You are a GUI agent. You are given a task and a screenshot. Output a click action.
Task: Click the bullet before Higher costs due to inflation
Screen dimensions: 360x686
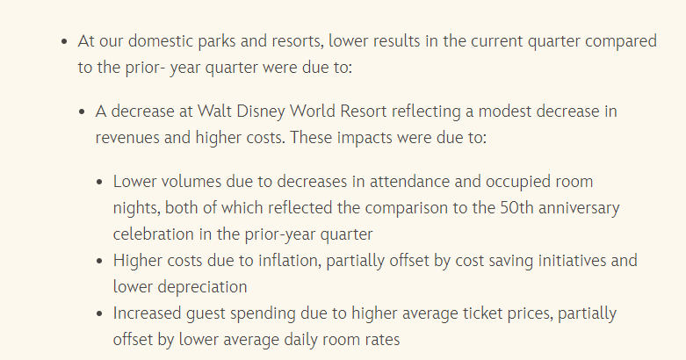pos(100,261)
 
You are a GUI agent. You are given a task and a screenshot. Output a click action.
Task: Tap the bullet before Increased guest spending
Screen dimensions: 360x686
pos(100,313)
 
